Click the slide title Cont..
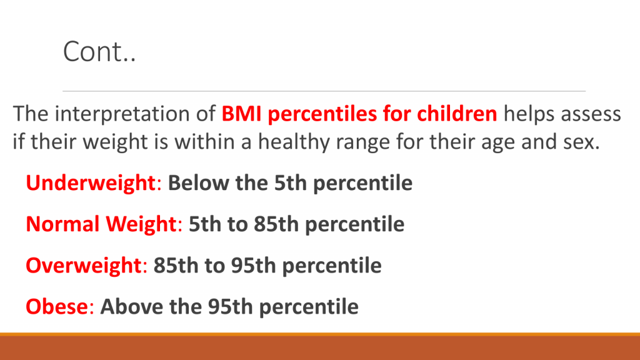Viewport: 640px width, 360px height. point(99,51)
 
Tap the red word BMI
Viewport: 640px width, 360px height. point(242,114)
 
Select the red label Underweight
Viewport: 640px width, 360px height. point(91,183)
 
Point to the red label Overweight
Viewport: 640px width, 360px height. point(84,265)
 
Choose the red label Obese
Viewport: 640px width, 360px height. point(57,306)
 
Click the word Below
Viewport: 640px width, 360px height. point(198,183)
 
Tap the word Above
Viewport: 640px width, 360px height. point(132,306)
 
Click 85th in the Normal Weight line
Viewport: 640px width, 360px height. point(276,224)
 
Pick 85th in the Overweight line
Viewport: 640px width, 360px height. point(176,265)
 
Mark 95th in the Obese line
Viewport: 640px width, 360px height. point(231,306)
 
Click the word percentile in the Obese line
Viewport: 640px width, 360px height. point(309,307)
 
